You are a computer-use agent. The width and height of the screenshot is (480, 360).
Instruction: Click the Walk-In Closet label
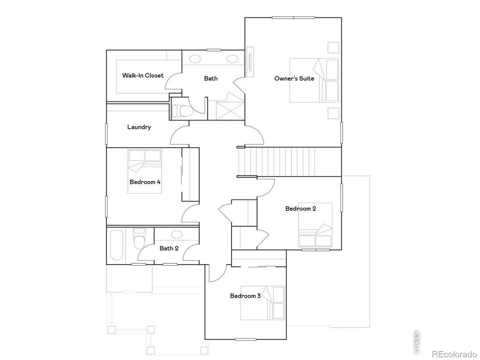143,75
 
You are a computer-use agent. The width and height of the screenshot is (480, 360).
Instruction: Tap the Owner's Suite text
294,78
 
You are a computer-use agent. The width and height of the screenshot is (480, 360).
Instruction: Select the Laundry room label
139,127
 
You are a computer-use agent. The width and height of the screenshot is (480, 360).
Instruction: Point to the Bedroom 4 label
145,182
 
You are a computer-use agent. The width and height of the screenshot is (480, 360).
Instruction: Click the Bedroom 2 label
300,209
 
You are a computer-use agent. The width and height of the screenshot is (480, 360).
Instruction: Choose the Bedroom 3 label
245,296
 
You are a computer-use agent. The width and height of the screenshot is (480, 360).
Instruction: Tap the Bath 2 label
169,248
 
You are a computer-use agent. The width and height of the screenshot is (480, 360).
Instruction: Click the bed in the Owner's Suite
314,80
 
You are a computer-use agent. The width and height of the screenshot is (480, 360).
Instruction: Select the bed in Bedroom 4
145,171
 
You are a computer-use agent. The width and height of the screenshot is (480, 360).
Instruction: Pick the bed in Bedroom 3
262,302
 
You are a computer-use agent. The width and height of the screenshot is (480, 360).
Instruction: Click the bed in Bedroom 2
315,225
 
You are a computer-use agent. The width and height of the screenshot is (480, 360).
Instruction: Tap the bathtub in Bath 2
116,244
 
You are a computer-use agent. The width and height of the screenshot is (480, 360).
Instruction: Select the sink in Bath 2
177,234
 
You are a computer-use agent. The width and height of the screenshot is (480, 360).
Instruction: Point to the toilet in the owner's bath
179,111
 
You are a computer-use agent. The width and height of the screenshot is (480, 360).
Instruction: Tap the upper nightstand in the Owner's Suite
333,47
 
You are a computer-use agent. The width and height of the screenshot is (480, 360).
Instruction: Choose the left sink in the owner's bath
195,59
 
